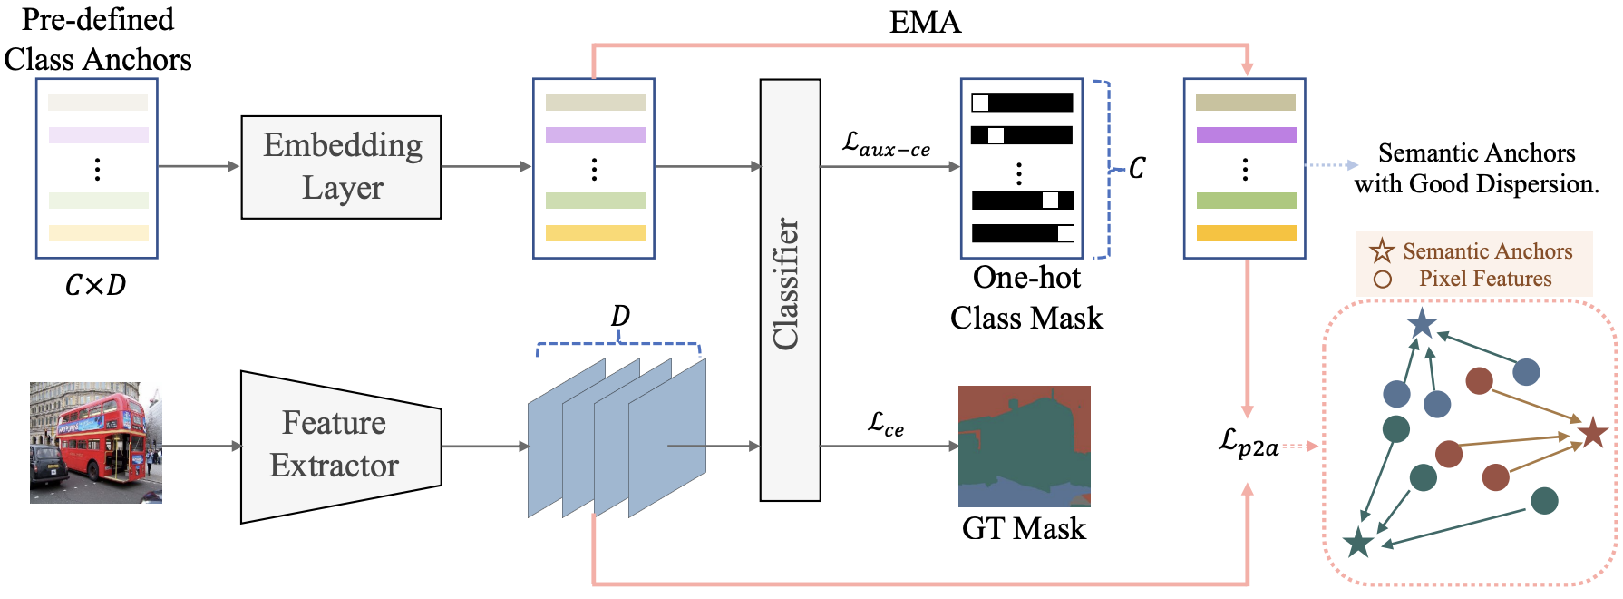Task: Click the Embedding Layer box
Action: pyautogui.click(x=341, y=167)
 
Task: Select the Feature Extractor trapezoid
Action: pyautogui.click(x=341, y=447)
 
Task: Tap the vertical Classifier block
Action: pyautogui.click(x=790, y=290)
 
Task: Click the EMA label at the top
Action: pyautogui.click(x=925, y=22)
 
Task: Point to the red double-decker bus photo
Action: pyautogui.click(x=96, y=443)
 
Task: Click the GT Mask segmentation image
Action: pyautogui.click(x=1025, y=446)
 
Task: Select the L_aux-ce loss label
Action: pyautogui.click(x=886, y=143)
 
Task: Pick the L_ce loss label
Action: pyautogui.click(x=885, y=424)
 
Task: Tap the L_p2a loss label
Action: pyautogui.click(x=1248, y=444)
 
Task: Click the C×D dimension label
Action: pyautogui.click(x=95, y=285)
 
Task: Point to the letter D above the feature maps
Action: pyautogui.click(x=620, y=316)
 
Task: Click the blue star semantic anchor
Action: pyautogui.click(x=1422, y=322)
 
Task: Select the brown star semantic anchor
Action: pyautogui.click(x=1593, y=432)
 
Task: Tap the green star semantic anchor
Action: pyautogui.click(x=1358, y=542)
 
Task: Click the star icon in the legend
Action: pyautogui.click(x=1382, y=250)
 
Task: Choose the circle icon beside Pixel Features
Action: pyautogui.click(x=1383, y=279)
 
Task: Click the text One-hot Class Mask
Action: pyautogui.click(x=1026, y=298)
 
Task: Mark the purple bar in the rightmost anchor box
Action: pyautogui.click(x=1246, y=135)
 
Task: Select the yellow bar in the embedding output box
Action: pyautogui.click(x=595, y=233)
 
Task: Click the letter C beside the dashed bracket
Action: pyautogui.click(x=1137, y=168)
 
